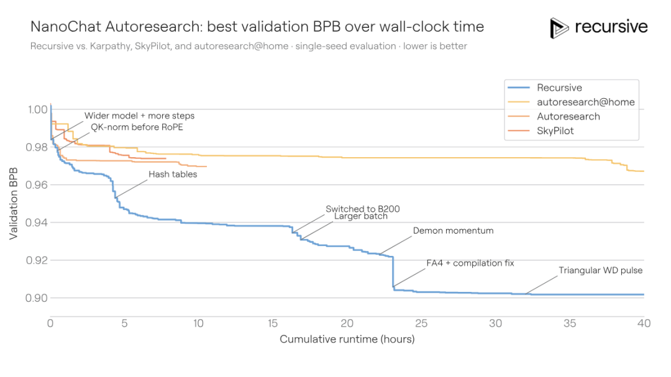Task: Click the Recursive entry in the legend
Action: pyautogui.click(x=559, y=88)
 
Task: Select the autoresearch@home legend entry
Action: pyautogui.click(x=585, y=102)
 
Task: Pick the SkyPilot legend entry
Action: pyautogui.click(x=555, y=131)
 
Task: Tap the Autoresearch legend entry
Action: pyautogui.click(x=568, y=116)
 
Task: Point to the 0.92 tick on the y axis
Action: pyautogui.click(x=37, y=260)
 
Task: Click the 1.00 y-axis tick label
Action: pyautogui.click(x=38, y=109)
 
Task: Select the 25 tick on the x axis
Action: pyautogui.click(x=421, y=324)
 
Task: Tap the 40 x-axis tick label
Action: pyautogui.click(x=644, y=324)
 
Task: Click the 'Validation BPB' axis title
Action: pyautogui.click(x=14, y=204)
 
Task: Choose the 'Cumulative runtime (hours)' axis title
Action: pyautogui.click(x=347, y=339)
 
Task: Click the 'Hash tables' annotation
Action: pyautogui.click(x=173, y=174)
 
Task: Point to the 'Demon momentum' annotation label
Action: pyautogui.click(x=453, y=230)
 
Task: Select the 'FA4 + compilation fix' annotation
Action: pyautogui.click(x=470, y=263)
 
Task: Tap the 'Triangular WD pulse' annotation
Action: pyautogui.click(x=600, y=270)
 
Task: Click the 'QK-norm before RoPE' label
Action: pyautogui.click(x=137, y=127)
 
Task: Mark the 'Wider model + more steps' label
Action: pyautogui.click(x=140, y=116)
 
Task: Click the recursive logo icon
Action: pyautogui.click(x=559, y=28)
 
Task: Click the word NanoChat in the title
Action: pyautogui.click(x=66, y=27)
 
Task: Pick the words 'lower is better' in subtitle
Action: pyautogui.click(x=435, y=46)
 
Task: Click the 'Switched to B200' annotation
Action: pyautogui.click(x=363, y=209)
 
